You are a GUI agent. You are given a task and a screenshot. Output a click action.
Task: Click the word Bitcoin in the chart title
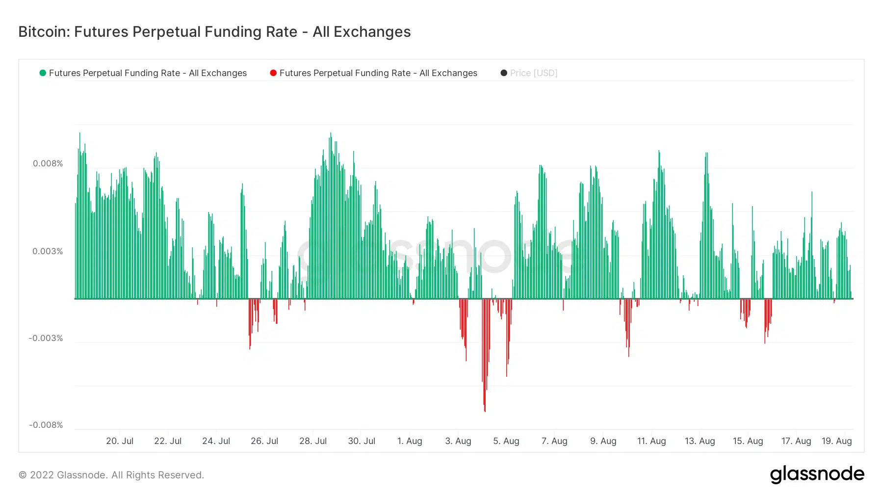44,32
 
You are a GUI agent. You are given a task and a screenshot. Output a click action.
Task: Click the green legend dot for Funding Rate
43,73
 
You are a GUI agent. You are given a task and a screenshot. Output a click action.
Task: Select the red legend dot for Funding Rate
273,73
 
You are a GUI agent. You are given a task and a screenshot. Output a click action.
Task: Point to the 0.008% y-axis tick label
48,163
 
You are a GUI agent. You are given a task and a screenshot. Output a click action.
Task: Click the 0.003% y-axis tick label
48,251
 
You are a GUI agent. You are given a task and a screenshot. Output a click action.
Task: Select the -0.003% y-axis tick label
46,338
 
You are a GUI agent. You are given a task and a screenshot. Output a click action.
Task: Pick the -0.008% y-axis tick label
46,425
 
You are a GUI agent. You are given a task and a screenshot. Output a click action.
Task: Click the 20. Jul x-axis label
120,441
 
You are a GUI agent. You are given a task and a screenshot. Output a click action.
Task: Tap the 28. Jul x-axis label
313,441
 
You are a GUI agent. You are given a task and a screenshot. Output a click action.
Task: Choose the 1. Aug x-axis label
410,441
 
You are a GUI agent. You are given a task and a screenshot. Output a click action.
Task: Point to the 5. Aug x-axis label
506,441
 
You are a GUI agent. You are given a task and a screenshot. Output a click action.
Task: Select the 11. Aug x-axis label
651,441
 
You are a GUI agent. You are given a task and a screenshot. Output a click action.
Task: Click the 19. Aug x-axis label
836,441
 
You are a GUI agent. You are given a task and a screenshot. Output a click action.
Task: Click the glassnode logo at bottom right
817,474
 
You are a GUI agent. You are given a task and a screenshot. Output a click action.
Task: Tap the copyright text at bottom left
111,475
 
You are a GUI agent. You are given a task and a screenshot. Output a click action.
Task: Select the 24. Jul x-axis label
216,441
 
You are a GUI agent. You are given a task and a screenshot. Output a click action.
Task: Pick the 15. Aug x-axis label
748,441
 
